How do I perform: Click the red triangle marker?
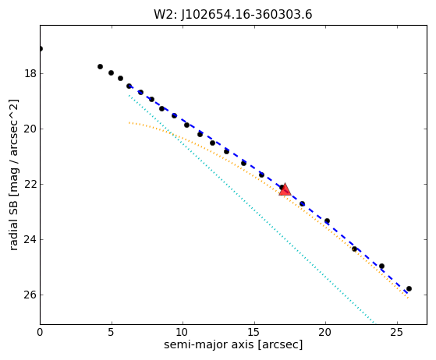(285, 190)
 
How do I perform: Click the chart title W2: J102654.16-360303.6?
(233, 15)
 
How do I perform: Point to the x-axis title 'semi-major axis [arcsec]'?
(233, 344)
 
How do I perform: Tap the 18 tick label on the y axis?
(30, 73)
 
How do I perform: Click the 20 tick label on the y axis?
(30, 129)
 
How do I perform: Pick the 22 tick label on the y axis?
(30, 184)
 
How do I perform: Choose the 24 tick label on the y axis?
(30, 239)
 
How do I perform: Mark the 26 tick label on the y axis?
(30, 295)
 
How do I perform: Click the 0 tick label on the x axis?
(40, 332)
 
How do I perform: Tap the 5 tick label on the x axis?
(112, 332)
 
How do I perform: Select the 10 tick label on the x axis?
(183, 332)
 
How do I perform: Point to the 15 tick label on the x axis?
(254, 332)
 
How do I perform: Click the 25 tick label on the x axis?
(397, 332)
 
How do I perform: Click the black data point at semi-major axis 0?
(41, 49)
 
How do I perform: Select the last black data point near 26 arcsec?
(409, 289)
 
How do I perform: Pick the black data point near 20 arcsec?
(328, 221)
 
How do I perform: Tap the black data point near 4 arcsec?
(100, 67)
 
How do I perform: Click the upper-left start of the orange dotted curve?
(129, 122)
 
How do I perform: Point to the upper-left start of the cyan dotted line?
(129, 96)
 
